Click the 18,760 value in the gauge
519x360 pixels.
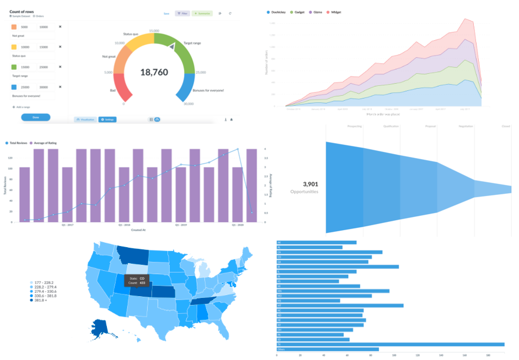[x=154, y=72]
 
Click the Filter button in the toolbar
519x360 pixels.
[x=182, y=13]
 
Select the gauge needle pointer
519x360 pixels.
[x=172, y=47]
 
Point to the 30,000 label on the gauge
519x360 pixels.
[x=188, y=104]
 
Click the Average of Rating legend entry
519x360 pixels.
[x=48, y=143]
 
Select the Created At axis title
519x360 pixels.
[x=139, y=230]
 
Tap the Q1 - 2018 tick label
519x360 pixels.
[x=124, y=225]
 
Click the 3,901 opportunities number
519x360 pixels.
[x=311, y=184]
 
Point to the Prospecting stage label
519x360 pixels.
[x=354, y=126]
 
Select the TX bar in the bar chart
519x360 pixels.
[x=391, y=345]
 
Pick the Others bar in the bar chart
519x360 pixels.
[x=328, y=349]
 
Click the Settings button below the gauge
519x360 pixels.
[x=107, y=119]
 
